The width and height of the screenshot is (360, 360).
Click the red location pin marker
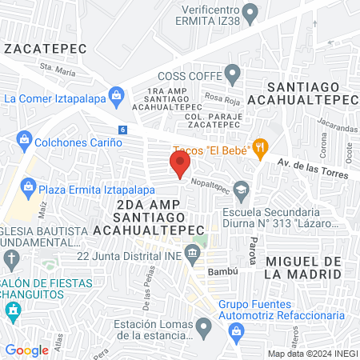tap(179, 164)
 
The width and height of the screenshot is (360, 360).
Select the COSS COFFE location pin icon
tap(233, 76)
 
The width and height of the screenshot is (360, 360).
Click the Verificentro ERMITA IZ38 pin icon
tap(250, 13)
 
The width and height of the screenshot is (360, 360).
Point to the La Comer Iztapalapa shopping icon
tap(116, 97)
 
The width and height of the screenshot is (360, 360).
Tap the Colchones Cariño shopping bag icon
tap(24, 142)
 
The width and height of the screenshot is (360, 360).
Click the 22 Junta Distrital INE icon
tap(192, 255)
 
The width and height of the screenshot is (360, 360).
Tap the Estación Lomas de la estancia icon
tap(205, 325)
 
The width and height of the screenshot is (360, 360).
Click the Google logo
tap(27, 350)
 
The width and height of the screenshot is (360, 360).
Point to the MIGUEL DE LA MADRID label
tap(302, 267)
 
